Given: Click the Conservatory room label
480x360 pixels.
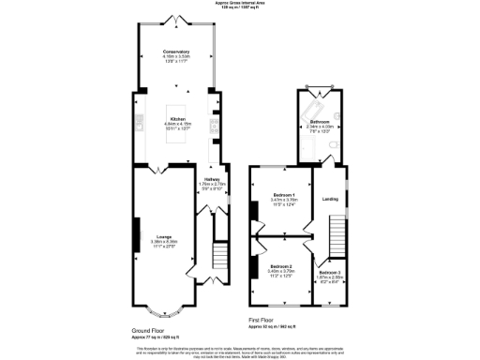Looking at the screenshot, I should [176, 52].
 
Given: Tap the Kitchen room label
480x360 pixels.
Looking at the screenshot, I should [176, 119].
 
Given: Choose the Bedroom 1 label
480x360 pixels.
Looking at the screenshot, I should [283, 194].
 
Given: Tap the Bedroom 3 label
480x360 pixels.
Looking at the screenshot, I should [330, 272].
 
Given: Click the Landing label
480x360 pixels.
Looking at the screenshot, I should [330, 199].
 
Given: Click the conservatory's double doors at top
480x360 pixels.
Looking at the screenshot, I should [176, 20].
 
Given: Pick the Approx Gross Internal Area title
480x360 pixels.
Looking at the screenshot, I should [239, 5].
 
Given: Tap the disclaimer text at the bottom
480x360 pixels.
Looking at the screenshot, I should [239, 348].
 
